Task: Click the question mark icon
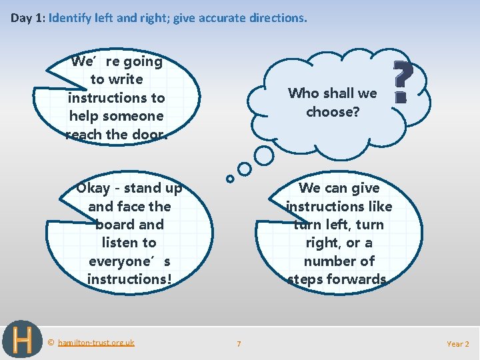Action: pos(401,81)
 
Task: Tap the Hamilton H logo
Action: pos(22,339)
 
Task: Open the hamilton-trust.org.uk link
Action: pos(96,343)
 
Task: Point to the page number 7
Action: pos(239,344)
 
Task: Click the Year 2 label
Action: pos(457,344)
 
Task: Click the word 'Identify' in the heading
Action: pos(71,18)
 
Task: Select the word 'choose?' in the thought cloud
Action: pos(333,112)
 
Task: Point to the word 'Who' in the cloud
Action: pos(302,93)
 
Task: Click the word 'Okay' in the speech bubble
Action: pos(93,188)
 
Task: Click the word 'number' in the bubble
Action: pos(339,261)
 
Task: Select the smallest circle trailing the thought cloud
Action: pos(230,179)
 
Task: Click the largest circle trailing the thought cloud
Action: pos(264,155)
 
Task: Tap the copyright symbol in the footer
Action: pos(51,343)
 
